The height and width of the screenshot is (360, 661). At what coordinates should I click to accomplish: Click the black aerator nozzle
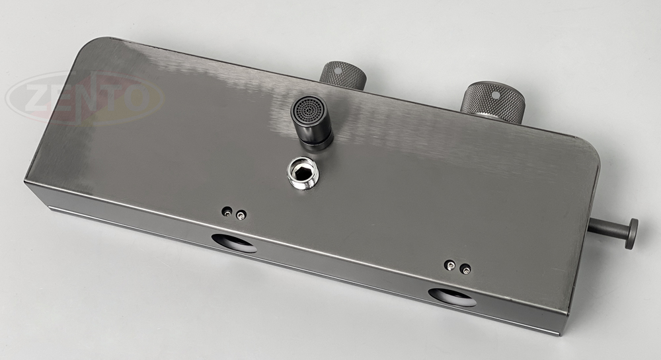[x=311, y=122]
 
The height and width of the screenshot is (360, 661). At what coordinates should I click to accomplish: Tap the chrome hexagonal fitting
[x=303, y=173]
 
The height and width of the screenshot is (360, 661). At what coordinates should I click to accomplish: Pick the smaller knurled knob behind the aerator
[x=342, y=75]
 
